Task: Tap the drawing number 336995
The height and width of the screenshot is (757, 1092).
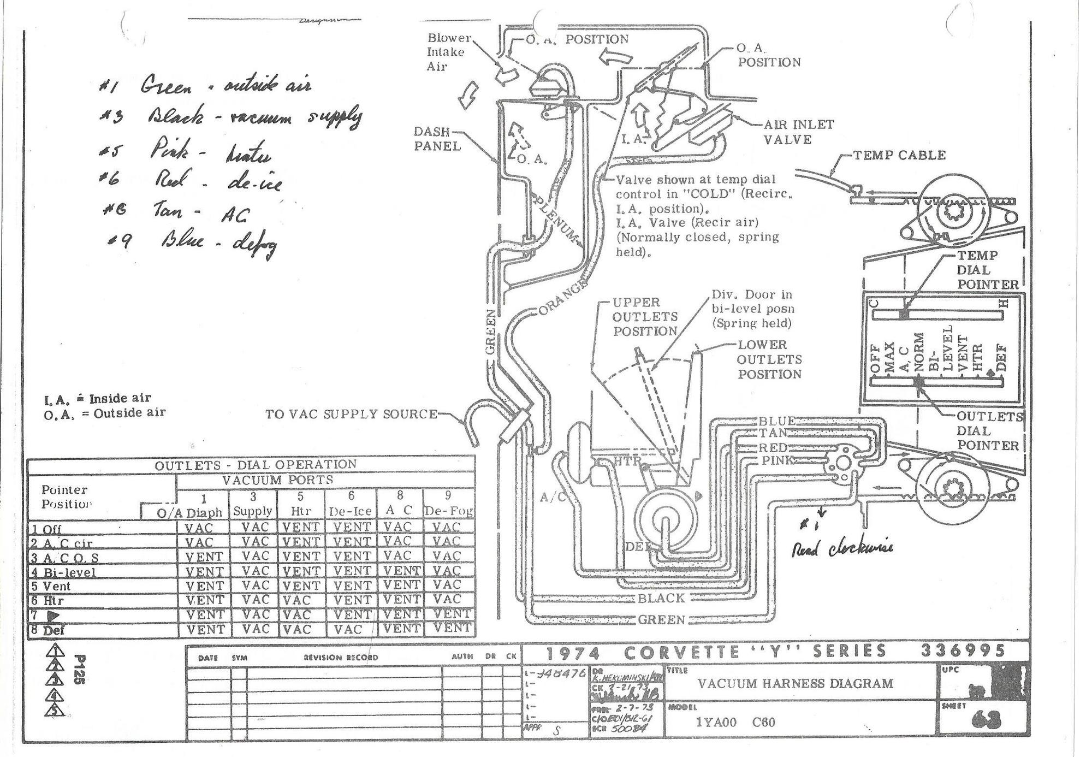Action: point(963,651)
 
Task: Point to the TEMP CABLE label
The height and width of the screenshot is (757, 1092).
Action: point(899,155)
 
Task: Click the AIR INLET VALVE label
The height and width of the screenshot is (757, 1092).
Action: point(798,132)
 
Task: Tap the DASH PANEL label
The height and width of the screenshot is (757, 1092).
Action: point(437,139)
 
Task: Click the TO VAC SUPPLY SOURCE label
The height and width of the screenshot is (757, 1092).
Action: point(351,414)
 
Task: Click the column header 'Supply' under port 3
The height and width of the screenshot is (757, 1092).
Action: point(253,511)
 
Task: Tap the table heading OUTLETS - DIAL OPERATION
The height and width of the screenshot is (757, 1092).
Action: point(255,465)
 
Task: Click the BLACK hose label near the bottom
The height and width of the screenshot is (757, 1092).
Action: point(661,598)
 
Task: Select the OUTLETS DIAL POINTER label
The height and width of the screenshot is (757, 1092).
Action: point(988,430)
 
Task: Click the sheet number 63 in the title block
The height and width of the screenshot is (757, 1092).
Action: point(986,722)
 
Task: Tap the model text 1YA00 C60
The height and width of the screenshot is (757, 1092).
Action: point(735,722)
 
